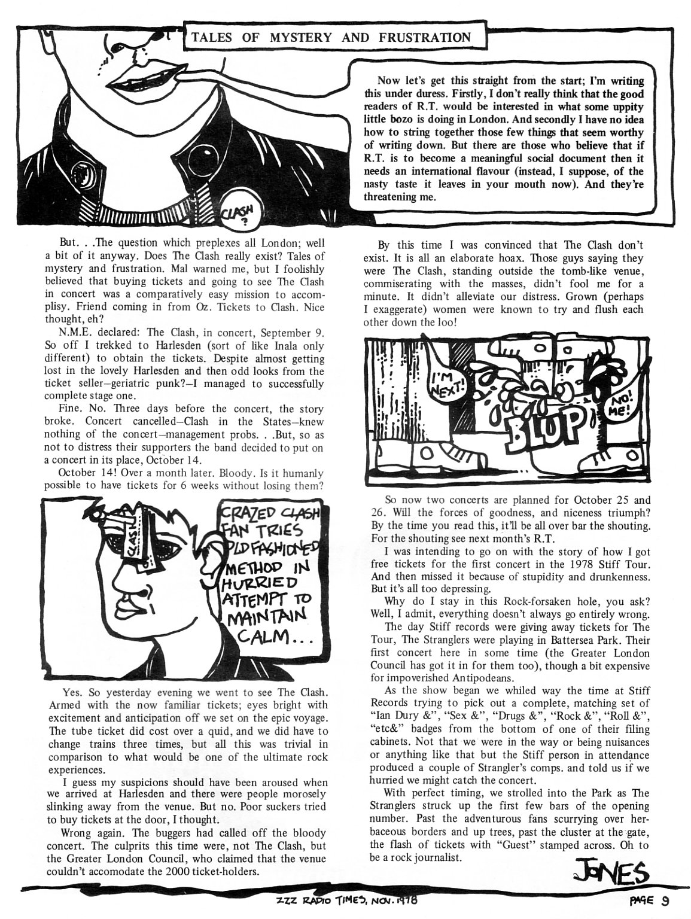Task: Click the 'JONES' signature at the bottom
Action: coord(606,876)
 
